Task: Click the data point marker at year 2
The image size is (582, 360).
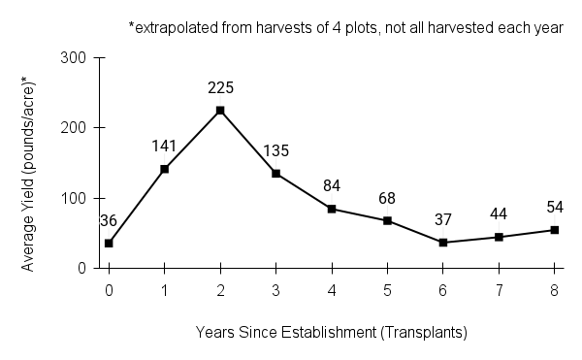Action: [220, 111]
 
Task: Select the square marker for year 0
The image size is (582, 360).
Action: [109, 243]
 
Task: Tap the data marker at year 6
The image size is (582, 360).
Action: [443, 243]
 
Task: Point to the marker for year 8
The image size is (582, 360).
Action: [555, 230]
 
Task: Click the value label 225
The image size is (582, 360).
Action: [220, 88]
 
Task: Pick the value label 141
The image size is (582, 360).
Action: [165, 147]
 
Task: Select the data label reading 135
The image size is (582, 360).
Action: [276, 150]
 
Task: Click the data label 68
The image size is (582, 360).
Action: [388, 198]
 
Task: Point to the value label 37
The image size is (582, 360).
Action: [443, 220]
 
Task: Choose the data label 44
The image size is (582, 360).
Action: [499, 214]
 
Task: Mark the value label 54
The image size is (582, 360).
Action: [555, 208]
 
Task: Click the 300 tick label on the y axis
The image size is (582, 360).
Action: [82, 58]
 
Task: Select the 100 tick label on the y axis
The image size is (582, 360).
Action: [82, 198]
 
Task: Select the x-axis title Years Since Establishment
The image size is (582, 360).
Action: [331, 332]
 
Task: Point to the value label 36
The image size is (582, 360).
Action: [109, 220]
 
